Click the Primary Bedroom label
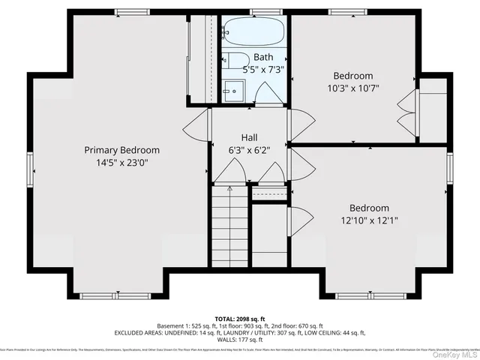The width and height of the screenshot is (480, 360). [121, 150]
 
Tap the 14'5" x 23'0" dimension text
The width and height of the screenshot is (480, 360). [121, 162]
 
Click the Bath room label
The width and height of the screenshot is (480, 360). [263, 57]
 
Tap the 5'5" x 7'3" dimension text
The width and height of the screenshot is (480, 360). [263, 69]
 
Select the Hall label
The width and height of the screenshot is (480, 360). [249, 138]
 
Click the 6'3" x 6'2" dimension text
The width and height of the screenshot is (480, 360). [249, 150]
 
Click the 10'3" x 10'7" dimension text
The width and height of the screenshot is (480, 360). [353, 88]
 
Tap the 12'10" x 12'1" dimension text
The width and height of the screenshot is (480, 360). [368, 220]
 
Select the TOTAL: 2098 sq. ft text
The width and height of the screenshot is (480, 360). [239, 317]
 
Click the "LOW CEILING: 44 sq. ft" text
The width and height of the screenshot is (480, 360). [334, 332]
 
